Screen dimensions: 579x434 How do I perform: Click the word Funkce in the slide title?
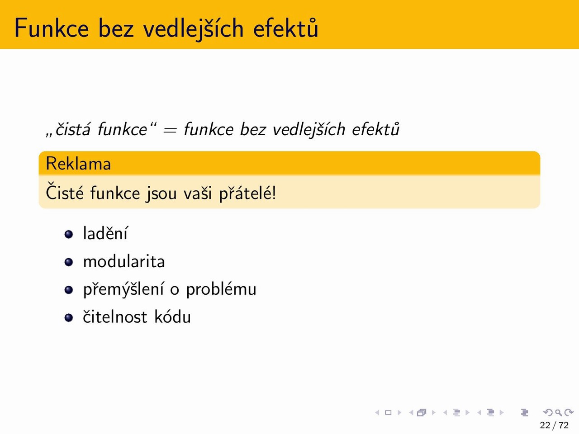coord(52,28)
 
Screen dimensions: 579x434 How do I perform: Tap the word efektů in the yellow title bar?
coord(285,28)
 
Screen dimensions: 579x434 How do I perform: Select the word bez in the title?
coord(116,28)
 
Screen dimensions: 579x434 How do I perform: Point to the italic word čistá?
coord(72,129)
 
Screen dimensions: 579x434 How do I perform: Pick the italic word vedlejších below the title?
coord(308,130)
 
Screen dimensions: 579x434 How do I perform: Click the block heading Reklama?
coord(78,164)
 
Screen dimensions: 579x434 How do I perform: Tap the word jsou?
coord(161,193)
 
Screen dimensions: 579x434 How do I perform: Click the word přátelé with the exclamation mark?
coord(247,193)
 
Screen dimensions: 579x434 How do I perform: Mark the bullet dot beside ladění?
coord(69,234)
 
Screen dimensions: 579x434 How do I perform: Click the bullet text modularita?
coord(124,262)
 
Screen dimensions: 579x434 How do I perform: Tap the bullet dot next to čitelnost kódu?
coord(69,317)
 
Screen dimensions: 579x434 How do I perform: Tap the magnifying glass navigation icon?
coord(559,412)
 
